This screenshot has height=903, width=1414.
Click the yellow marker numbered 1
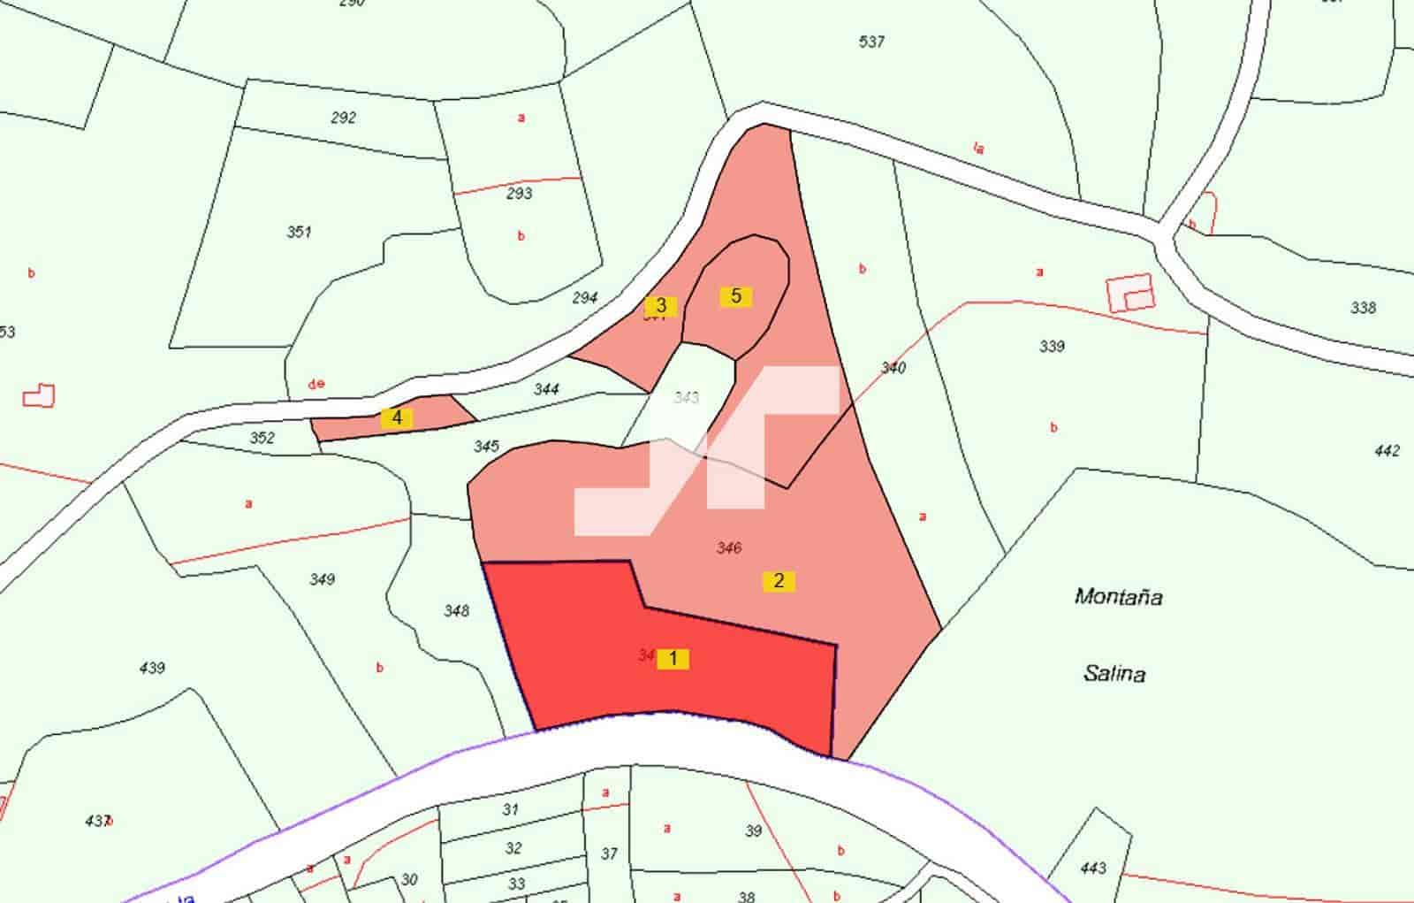click(673, 659)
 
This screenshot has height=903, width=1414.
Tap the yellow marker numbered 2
click(779, 581)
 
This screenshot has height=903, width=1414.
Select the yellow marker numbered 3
click(660, 307)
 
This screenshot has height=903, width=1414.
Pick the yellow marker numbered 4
click(397, 418)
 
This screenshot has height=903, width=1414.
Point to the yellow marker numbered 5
click(736, 296)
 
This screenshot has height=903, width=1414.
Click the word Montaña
click(1118, 597)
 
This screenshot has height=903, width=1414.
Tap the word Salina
click(1114, 674)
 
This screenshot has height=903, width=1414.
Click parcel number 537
click(871, 42)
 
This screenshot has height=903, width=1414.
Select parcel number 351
click(300, 232)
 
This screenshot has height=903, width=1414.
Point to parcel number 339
click(1052, 346)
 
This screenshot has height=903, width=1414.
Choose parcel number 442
click(1387, 451)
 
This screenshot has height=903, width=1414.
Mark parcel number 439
click(152, 668)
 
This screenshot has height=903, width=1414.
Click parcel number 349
click(322, 579)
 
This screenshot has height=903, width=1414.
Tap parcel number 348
click(456, 610)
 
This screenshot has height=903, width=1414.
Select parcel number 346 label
click(729, 548)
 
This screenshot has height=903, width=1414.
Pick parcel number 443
click(1093, 868)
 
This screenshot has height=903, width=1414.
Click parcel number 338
click(1364, 308)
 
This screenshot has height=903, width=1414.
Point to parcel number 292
click(343, 118)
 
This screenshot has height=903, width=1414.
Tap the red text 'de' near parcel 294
click(316, 384)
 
